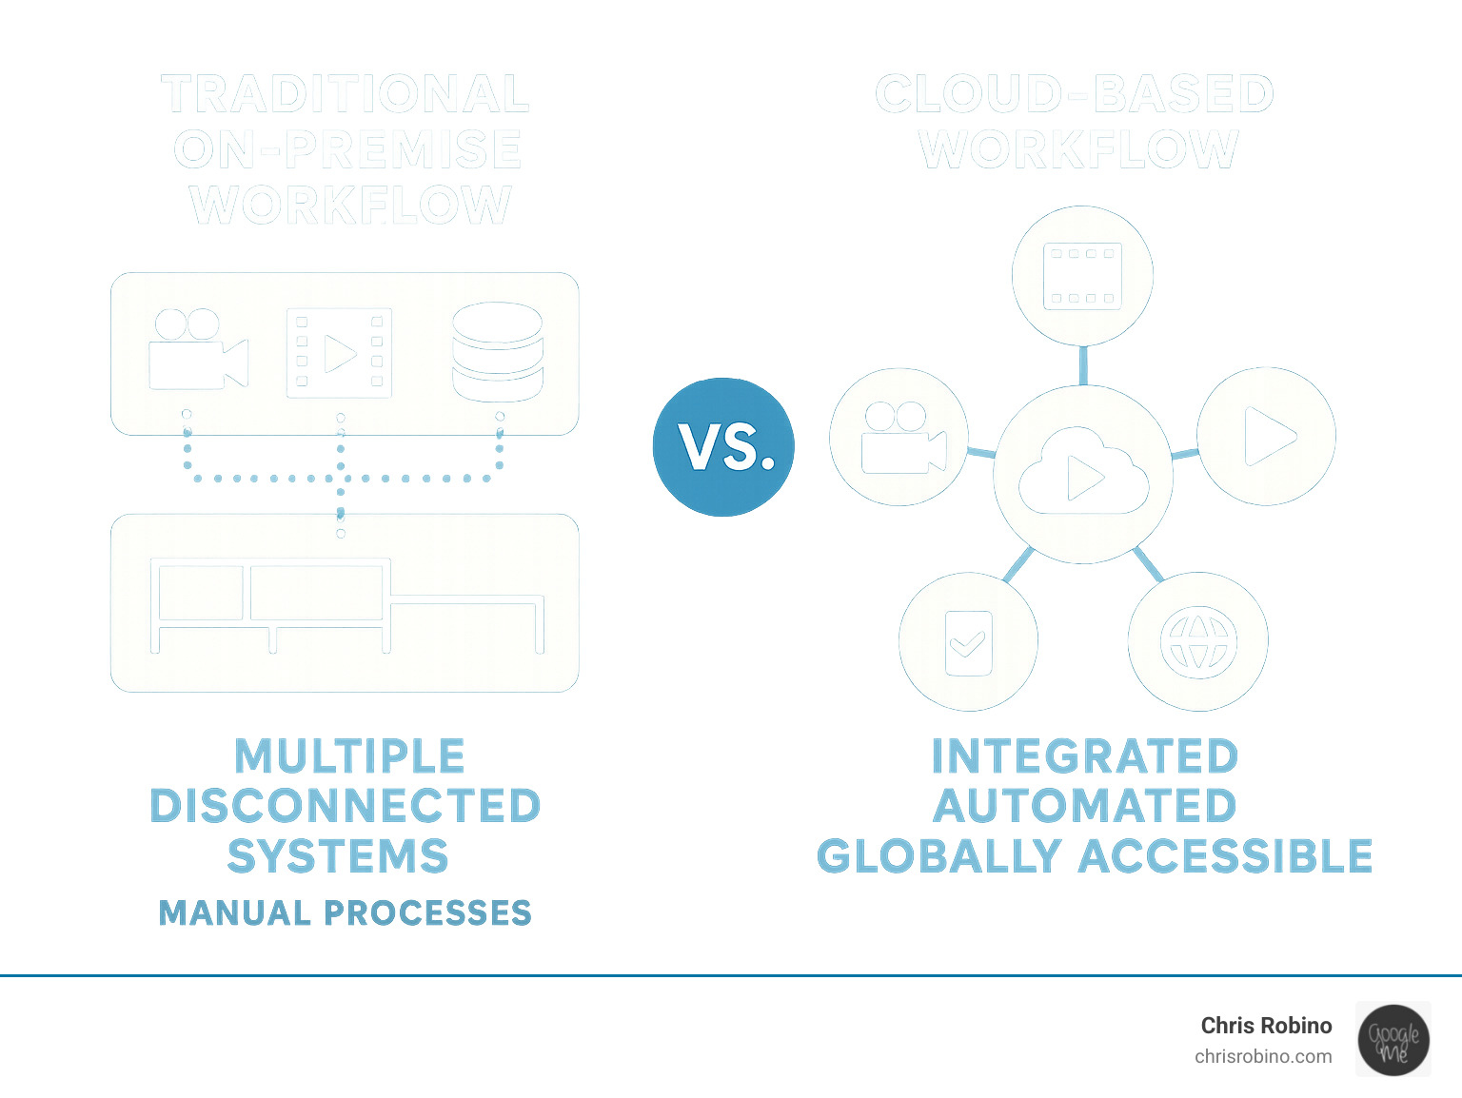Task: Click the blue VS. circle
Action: point(723,446)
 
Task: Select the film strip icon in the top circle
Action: point(1082,277)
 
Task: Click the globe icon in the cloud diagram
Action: point(1198,642)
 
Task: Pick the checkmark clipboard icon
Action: point(968,643)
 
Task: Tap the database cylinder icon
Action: point(498,352)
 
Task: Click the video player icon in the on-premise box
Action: point(340,353)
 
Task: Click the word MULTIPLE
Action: point(349,756)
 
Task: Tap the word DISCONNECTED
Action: point(346,806)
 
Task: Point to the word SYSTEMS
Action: point(338,856)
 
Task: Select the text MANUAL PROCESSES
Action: point(345,913)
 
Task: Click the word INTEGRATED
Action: point(1084,756)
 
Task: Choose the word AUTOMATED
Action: point(1084,806)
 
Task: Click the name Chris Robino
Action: point(1266,1026)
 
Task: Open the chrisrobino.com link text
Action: point(1263,1056)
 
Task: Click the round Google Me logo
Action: point(1393,1040)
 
